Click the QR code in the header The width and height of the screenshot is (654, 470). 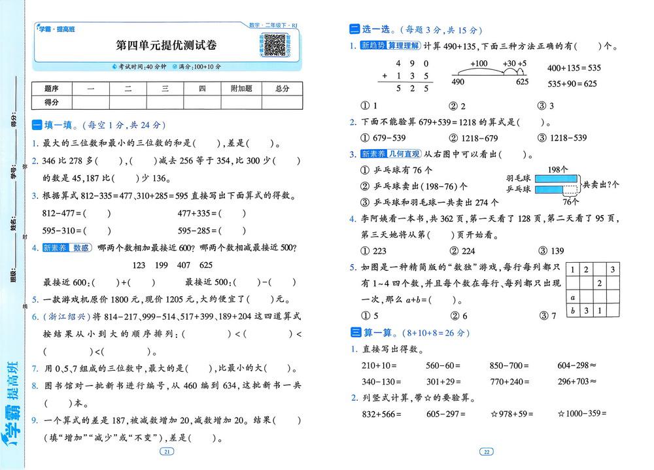coord(274,45)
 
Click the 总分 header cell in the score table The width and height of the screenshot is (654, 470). coord(283,88)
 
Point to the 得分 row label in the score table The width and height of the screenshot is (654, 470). coord(52,102)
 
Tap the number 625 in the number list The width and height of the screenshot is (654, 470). coord(205,265)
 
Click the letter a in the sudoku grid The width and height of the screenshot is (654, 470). coord(573,297)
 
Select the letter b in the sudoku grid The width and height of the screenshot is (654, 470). coord(573,311)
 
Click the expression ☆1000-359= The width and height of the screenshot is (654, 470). coord(582,413)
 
